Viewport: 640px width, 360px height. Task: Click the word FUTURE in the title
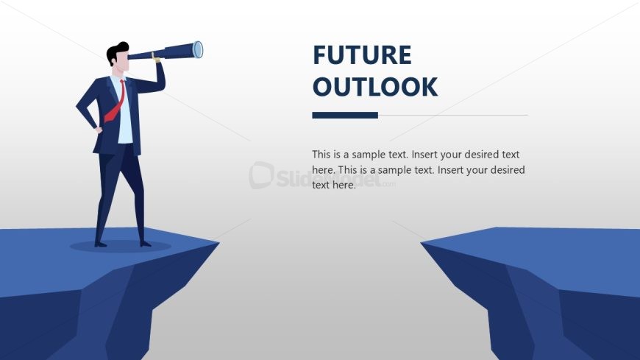361,55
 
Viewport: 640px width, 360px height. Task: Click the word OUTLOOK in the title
374,87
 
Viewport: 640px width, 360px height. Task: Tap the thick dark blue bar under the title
344,115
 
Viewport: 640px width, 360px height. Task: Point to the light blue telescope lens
198,49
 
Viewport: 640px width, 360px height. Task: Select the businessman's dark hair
115,53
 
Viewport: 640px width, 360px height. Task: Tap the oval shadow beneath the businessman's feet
121,246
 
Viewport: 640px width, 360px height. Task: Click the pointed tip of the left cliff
218,242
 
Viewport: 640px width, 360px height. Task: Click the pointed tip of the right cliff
422,242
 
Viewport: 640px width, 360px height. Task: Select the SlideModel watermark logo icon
261,175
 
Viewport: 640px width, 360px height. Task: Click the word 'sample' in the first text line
369,155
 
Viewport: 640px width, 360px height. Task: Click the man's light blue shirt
126,118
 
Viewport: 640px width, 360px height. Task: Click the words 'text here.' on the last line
334,186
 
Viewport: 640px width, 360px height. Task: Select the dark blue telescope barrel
173,52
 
